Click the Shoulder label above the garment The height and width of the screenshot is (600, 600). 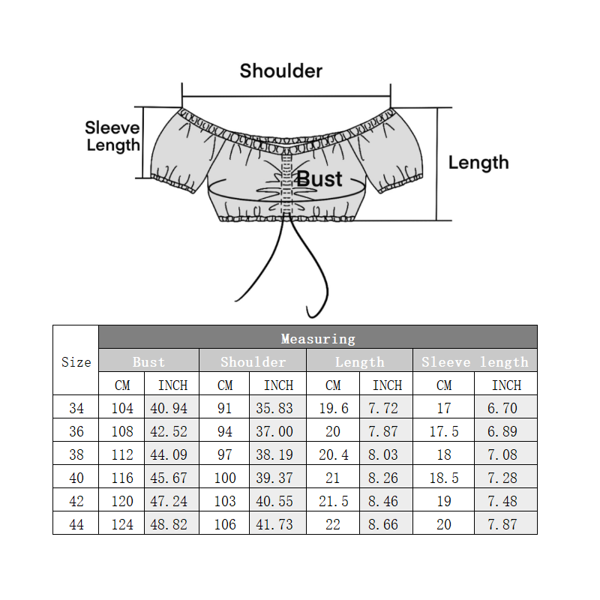(x=281, y=71)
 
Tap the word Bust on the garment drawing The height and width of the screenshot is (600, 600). (x=319, y=179)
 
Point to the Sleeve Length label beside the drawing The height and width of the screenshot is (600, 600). (x=112, y=136)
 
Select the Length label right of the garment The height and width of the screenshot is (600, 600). (x=478, y=163)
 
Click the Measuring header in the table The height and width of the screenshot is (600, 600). (x=318, y=339)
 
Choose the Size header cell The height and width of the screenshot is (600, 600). (x=76, y=362)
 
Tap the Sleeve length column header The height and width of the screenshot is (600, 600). (x=475, y=362)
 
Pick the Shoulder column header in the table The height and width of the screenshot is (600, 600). (x=253, y=362)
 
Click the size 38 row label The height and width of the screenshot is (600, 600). (x=76, y=454)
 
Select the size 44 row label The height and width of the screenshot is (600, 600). (x=76, y=524)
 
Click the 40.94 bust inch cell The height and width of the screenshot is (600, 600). (x=172, y=409)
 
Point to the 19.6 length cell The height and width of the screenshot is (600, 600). (x=334, y=409)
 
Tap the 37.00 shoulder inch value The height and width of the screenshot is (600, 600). (x=278, y=432)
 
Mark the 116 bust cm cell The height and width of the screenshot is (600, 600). (x=122, y=478)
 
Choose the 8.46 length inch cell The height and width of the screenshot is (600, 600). (x=387, y=501)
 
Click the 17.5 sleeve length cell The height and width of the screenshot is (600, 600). (x=444, y=432)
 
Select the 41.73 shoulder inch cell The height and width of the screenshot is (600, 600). (x=278, y=524)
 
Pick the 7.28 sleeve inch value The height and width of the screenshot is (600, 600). (x=506, y=478)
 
